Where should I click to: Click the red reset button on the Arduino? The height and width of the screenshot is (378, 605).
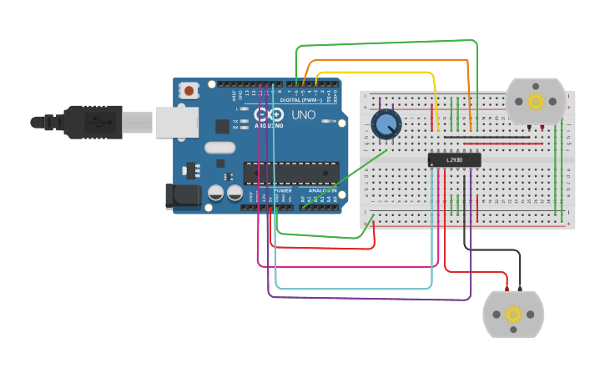pyautogui.click(x=189, y=90)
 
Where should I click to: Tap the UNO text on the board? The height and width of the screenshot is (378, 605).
pyautogui.click(x=304, y=114)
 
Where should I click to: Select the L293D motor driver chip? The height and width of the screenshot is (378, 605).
pyautogui.click(x=454, y=159)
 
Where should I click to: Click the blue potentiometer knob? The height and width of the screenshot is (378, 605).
pyautogui.click(x=386, y=124)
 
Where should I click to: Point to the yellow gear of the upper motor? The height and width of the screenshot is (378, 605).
pyautogui.click(x=536, y=101)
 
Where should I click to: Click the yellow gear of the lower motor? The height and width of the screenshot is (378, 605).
pyautogui.click(x=513, y=314)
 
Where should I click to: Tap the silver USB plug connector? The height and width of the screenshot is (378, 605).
pyautogui.click(x=138, y=122)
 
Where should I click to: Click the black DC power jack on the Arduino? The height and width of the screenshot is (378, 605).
pyautogui.click(x=182, y=196)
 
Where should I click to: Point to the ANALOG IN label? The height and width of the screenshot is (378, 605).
pyautogui.click(x=321, y=190)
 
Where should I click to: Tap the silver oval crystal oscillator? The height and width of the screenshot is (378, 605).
pyautogui.click(x=219, y=148)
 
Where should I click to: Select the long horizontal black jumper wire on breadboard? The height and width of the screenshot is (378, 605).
pyautogui.click(x=487, y=138)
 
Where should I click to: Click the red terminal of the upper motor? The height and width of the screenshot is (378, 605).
pyautogui.click(x=542, y=127)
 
